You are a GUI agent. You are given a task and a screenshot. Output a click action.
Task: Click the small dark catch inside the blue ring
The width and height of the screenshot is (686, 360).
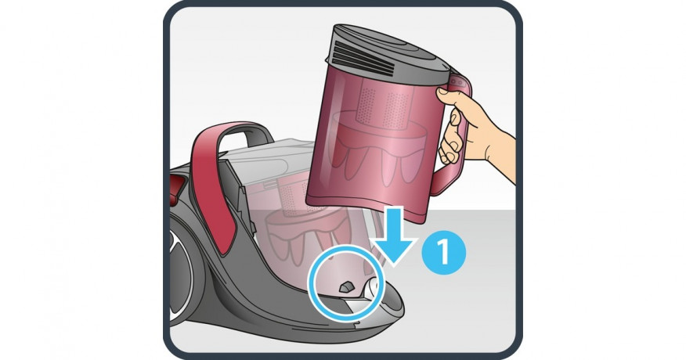point(346,286)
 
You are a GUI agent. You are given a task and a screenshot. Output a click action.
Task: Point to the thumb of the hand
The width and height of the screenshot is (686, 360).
point(446,95)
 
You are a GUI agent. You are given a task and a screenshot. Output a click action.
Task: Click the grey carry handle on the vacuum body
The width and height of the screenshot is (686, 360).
point(245,135)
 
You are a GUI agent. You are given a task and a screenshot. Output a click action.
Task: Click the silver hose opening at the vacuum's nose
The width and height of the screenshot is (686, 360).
point(373,291)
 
